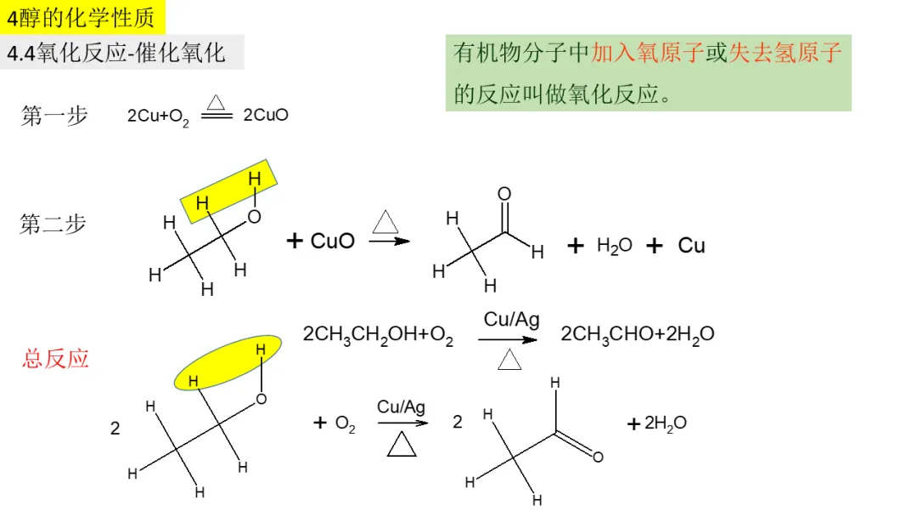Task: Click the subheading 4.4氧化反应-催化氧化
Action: pos(116,53)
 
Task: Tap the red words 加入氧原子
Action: pos(648,54)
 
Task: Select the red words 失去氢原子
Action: pos(785,54)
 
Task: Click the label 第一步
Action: pos(53,116)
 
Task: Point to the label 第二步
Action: pos(53,224)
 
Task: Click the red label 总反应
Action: pos(55,359)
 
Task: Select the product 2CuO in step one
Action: pos(266,116)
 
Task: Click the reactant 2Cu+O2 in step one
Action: pos(158,117)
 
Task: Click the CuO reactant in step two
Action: pos(333,241)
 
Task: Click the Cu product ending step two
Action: pos(691,246)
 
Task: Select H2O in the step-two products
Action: pos(614,246)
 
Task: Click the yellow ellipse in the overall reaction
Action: pos(228,363)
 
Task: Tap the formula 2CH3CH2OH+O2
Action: pos(378,335)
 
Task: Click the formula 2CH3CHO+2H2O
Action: pos(638,334)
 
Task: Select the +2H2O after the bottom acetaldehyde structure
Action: pos(657,423)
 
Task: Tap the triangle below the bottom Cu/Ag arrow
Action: pos(402,444)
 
